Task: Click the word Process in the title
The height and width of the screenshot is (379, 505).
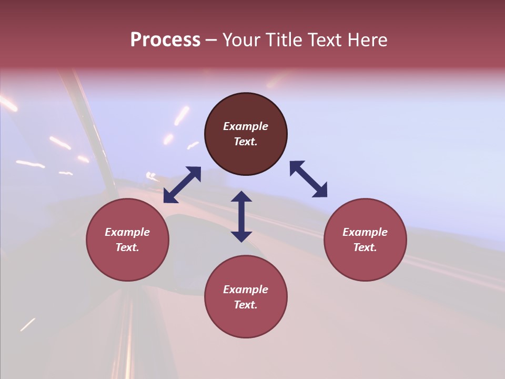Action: (165, 40)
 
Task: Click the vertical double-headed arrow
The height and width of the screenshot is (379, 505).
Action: (241, 216)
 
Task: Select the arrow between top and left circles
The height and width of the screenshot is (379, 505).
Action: (182, 185)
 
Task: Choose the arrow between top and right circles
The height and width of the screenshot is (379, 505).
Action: (308, 179)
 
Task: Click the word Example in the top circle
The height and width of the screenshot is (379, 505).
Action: (246, 126)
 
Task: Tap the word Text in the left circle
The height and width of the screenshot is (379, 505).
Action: (127, 247)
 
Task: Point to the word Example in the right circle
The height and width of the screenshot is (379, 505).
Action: (365, 232)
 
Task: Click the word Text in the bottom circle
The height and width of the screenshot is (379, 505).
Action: (246, 305)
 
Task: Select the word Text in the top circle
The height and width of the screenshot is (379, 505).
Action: (246, 142)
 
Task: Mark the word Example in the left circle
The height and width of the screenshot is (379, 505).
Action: (127, 232)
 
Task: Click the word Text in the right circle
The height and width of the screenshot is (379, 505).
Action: (365, 247)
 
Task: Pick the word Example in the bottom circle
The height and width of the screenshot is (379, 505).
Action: (246, 290)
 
